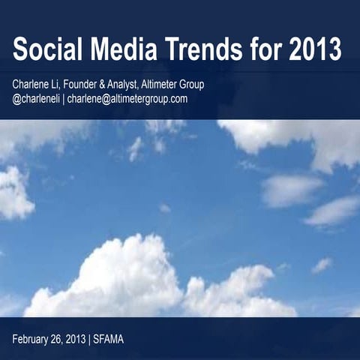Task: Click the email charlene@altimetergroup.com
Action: (127, 99)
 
